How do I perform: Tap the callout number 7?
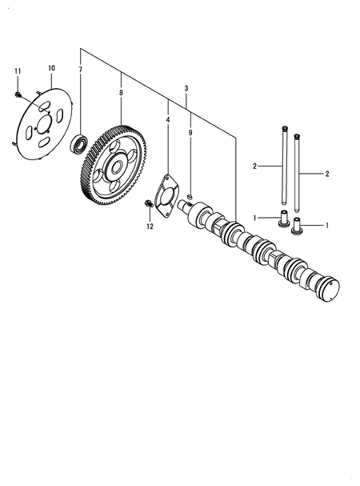[x=80, y=71]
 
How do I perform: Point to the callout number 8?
[x=121, y=93]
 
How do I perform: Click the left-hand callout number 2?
[x=254, y=166]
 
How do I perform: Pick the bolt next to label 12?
[x=148, y=204]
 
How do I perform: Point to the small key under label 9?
[x=190, y=196]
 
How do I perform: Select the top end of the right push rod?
[x=297, y=137]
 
